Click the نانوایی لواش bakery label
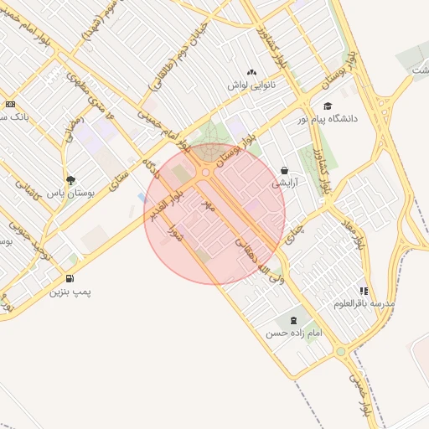[252, 85]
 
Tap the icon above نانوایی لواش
[252, 72]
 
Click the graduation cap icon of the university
[328, 106]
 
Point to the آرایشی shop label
[285, 182]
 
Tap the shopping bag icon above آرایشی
[285, 169]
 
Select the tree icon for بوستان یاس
[70, 179]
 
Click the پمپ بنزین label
[69, 292]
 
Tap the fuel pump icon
[69, 278]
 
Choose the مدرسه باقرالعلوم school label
[364, 302]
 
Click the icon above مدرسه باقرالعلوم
[364, 290]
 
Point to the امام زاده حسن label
[294, 333]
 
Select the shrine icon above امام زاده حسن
[293, 319]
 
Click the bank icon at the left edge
[9, 104]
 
